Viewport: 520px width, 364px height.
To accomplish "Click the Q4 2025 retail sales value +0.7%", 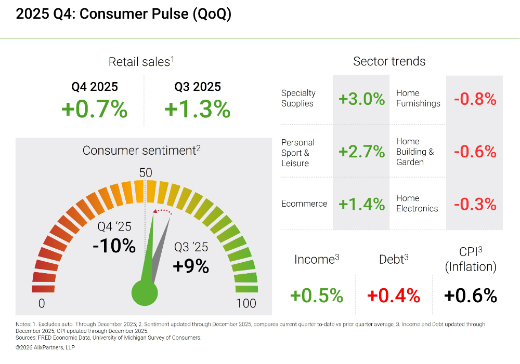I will (94, 110).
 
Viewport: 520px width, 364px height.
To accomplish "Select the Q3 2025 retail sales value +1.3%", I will (197, 110).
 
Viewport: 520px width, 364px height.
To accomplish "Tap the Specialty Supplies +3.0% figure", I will (361, 99).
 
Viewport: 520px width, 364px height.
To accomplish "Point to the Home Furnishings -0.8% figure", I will (475, 99).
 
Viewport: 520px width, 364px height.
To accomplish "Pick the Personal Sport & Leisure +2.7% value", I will (361, 152).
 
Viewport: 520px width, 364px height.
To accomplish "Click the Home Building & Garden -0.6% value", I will (475, 152).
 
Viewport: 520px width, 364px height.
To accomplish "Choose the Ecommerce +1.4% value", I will (361, 204).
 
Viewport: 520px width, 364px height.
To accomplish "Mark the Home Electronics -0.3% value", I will (475, 204).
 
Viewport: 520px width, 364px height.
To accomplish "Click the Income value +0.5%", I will (316, 295).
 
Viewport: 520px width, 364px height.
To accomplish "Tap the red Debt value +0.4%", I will (393, 295).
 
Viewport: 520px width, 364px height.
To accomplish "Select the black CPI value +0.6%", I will (471, 295).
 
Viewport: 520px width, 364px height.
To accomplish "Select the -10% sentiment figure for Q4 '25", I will (114, 246).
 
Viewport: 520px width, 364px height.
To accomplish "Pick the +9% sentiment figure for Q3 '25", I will (191, 266).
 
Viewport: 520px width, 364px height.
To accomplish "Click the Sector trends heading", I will (389, 61).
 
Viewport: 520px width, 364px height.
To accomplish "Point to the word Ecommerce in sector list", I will (304, 204).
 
